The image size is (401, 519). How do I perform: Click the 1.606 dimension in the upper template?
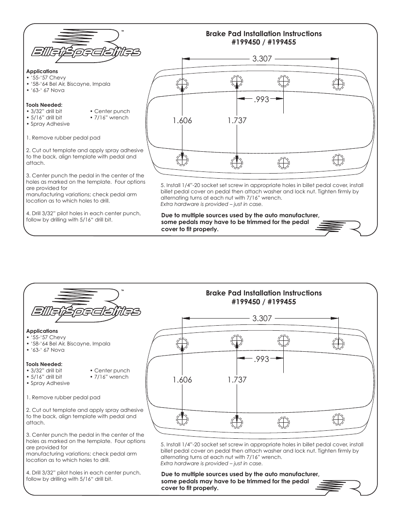182,121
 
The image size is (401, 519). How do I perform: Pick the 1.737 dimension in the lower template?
237,380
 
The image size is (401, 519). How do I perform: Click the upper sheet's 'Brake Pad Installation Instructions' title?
264,34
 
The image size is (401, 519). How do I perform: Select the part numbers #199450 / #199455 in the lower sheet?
264,302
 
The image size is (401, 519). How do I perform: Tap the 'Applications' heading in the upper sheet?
42,71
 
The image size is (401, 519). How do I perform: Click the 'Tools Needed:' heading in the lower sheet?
44,364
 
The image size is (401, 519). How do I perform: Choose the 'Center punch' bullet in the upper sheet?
110,111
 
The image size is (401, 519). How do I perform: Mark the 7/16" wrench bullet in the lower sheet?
109,377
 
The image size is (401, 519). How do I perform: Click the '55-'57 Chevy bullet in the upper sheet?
46,78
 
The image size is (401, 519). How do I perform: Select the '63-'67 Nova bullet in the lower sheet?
45,350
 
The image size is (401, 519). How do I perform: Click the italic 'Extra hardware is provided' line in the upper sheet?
211,204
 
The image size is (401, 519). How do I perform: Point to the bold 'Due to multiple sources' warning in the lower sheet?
240,482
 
